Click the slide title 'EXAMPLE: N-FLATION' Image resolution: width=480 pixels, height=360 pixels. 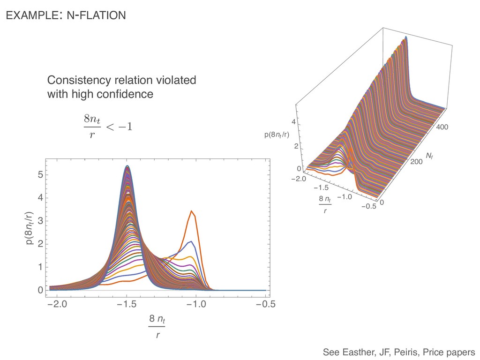65,15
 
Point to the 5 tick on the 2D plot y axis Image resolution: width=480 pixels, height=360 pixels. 40,175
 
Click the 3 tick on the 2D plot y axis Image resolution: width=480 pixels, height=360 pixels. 40,221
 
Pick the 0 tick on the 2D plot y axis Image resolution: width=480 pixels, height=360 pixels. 40,291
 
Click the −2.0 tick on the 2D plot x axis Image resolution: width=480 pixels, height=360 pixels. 57,305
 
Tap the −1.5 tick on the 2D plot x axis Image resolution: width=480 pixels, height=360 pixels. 127,305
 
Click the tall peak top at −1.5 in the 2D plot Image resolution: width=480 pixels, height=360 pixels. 127,166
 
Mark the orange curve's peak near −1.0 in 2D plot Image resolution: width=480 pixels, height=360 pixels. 191,211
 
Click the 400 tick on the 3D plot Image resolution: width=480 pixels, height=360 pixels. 442,127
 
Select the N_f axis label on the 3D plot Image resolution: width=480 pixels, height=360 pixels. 429,155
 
